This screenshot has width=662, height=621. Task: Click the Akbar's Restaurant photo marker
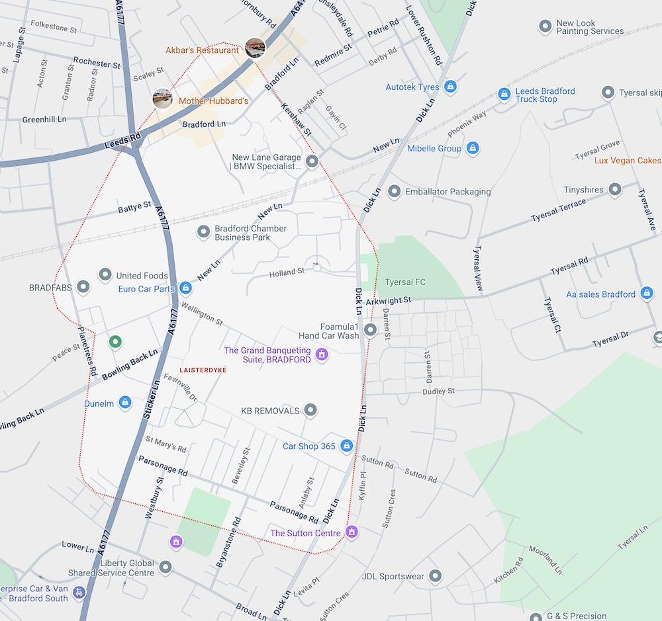click(x=255, y=48)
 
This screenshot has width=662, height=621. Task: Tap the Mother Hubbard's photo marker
click(x=163, y=99)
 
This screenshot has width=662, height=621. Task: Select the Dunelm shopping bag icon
click(x=125, y=403)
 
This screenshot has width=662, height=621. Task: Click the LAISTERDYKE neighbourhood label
click(x=203, y=370)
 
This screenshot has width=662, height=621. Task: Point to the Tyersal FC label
click(x=405, y=282)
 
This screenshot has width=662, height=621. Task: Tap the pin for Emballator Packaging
click(x=395, y=192)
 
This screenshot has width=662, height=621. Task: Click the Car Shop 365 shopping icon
click(x=346, y=446)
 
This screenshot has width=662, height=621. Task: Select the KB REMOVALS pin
click(x=310, y=411)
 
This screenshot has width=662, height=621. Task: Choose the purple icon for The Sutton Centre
click(x=352, y=532)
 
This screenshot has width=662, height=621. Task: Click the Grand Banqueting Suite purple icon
click(x=322, y=355)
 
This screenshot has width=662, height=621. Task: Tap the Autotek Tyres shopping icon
click(x=450, y=87)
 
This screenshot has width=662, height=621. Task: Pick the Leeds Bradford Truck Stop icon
click(x=504, y=95)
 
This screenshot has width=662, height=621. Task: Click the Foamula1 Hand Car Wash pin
click(x=371, y=329)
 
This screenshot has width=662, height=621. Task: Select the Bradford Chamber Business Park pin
click(x=204, y=232)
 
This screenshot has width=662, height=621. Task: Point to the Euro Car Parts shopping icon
click(x=186, y=288)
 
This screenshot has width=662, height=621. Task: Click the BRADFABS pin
click(x=83, y=288)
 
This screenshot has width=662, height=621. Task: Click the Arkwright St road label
click(x=389, y=300)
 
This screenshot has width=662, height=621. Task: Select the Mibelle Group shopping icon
click(x=473, y=148)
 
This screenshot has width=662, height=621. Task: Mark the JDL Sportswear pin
click(x=435, y=577)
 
